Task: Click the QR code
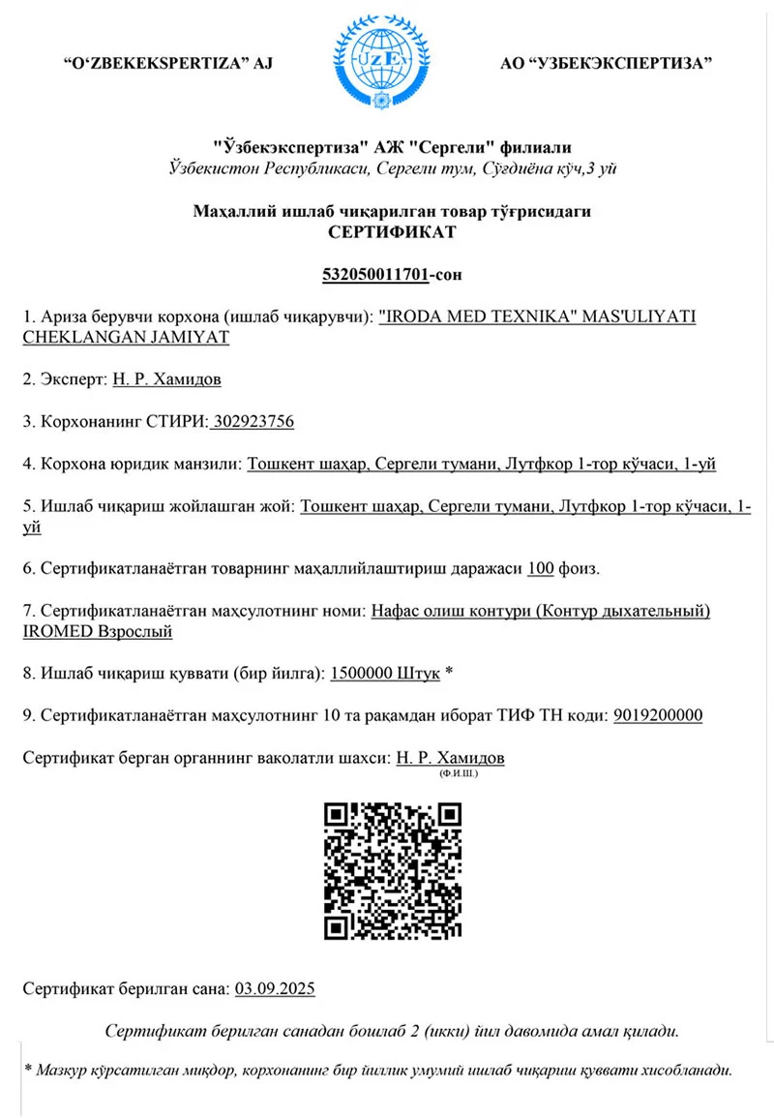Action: tap(392, 872)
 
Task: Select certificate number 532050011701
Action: tap(374, 275)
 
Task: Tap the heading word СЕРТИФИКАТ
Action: tap(392, 232)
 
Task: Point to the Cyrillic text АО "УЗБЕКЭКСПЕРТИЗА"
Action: tap(607, 64)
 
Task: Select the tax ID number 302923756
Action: tap(253, 422)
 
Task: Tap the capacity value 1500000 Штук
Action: tap(385, 673)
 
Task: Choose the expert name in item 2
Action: tap(166, 379)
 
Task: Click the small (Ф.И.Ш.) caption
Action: tap(459, 773)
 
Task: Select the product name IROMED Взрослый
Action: tap(97, 631)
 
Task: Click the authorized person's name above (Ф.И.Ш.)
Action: tap(451, 757)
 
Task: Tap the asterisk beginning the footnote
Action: tap(29, 1071)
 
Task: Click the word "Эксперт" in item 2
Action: tap(73, 379)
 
